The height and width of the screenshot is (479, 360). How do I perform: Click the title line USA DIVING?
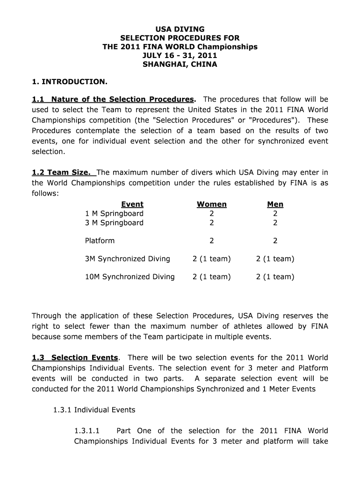click(x=180, y=29)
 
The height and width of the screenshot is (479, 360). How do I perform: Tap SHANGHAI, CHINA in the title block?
click(x=180, y=65)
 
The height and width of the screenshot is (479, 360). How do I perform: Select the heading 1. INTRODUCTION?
click(x=70, y=82)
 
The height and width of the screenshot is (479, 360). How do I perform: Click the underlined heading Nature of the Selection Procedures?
click(x=122, y=100)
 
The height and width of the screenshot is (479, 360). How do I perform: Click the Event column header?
click(x=132, y=204)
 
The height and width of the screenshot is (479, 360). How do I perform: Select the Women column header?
click(x=212, y=204)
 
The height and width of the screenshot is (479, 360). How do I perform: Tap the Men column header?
click(x=275, y=204)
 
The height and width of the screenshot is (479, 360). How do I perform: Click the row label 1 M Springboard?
click(x=114, y=214)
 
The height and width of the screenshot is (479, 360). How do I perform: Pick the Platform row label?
click(x=100, y=241)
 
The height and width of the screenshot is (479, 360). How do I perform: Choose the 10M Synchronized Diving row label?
click(x=130, y=277)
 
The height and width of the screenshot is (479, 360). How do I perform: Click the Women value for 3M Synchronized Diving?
click(x=212, y=259)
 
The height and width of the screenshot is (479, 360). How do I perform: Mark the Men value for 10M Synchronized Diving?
click(x=275, y=277)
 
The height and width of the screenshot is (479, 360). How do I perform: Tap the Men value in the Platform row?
click(x=275, y=241)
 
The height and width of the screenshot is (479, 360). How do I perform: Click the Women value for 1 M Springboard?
click(x=212, y=214)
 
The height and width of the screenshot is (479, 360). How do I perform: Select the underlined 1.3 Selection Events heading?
click(x=75, y=358)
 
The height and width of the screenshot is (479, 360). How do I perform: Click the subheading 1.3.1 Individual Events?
click(x=94, y=410)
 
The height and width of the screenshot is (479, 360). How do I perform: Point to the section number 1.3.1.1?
click(x=87, y=431)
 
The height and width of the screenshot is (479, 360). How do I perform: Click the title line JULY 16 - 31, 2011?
click(x=180, y=56)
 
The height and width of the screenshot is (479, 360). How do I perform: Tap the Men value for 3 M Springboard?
click(x=275, y=223)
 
